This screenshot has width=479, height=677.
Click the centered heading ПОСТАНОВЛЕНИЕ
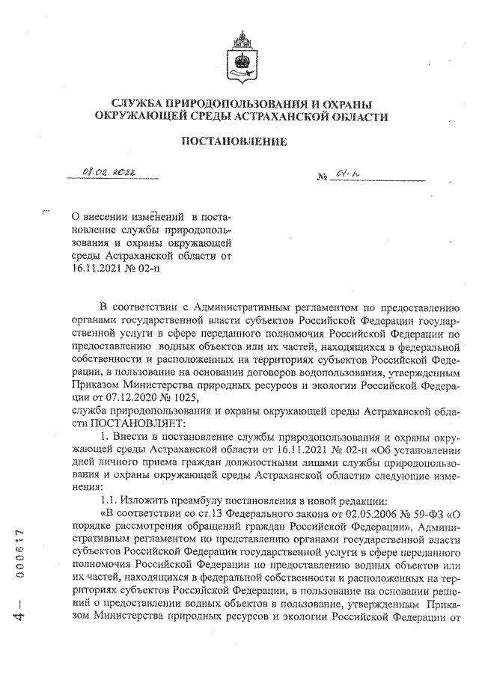(241, 141)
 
